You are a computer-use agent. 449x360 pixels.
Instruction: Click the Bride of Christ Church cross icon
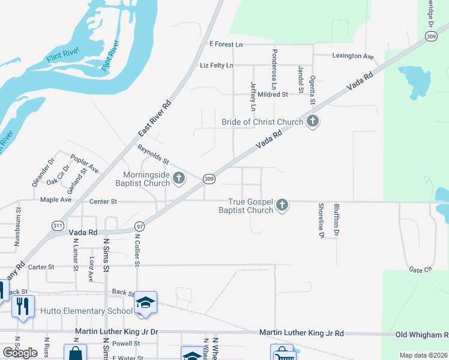(x=312, y=122)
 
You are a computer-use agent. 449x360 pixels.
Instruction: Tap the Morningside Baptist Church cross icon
(x=178, y=178)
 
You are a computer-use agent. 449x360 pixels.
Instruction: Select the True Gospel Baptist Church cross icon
(x=282, y=206)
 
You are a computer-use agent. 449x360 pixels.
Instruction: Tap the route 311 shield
(x=58, y=226)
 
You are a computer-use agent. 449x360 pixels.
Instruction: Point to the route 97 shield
(x=139, y=226)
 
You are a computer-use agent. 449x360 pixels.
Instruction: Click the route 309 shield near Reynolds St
(x=209, y=179)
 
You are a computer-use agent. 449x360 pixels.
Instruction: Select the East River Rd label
(x=154, y=118)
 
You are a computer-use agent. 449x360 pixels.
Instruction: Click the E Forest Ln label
(x=226, y=44)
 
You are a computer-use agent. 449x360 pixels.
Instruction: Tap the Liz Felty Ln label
(x=216, y=65)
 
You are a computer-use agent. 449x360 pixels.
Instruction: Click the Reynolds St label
(x=154, y=155)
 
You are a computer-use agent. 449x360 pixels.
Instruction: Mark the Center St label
(x=103, y=201)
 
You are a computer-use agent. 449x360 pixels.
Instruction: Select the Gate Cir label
(x=420, y=270)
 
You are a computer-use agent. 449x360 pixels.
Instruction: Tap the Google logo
(x=20, y=353)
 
